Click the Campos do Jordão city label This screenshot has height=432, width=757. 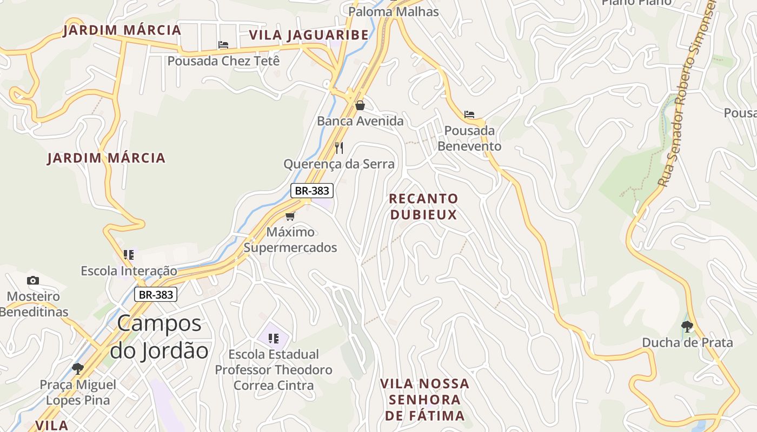click(x=159, y=337)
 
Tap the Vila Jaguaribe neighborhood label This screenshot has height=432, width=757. click(x=309, y=36)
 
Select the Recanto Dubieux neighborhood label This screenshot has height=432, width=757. click(x=423, y=207)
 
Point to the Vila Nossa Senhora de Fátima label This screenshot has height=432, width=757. click(x=424, y=400)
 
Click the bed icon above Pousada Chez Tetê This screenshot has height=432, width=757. click(x=223, y=45)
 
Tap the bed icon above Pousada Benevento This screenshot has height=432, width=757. click(x=469, y=114)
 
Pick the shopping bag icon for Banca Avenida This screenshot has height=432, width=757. click(x=360, y=106)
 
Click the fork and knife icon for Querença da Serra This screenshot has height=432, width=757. click(x=339, y=148)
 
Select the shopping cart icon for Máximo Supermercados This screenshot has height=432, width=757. click(x=290, y=217)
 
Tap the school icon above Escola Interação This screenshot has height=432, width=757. click(x=129, y=254)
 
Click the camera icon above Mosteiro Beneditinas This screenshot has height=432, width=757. click(x=33, y=280)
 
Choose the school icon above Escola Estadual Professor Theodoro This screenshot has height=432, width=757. click(x=274, y=339)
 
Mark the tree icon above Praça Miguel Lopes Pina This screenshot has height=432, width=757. click(x=78, y=369)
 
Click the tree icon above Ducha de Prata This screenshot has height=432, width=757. click(x=687, y=326)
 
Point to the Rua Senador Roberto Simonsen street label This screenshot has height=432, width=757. click(x=687, y=92)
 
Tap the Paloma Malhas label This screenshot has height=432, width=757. click(x=393, y=11)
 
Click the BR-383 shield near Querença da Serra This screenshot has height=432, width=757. click(x=312, y=191)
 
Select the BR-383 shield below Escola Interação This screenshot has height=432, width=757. click(x=156, y=294)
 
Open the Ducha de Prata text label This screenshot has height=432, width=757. click(x=687, y=342)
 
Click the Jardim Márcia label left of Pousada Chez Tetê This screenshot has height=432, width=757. click(x=122, y=30)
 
